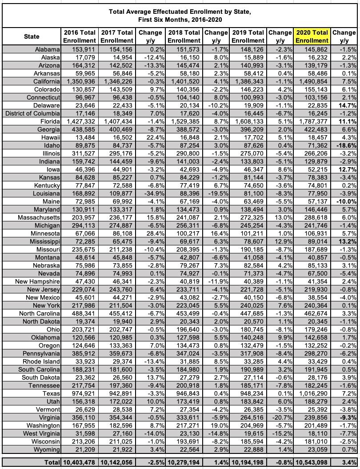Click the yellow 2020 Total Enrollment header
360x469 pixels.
point(312,36)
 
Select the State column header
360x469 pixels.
point(32,36)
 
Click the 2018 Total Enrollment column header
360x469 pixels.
point(184,36)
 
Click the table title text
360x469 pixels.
point(180,16)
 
